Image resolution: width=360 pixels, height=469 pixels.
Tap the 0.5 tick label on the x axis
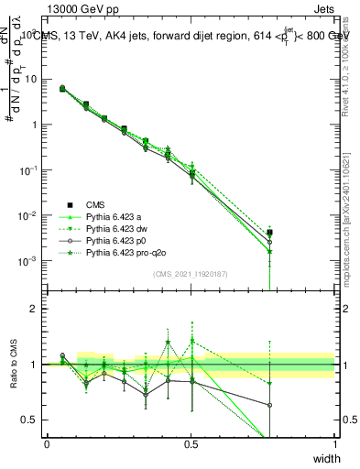(191, 443)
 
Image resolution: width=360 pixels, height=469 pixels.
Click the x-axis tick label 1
(335, 443)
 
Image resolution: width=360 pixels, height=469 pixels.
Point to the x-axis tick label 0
(47, 443)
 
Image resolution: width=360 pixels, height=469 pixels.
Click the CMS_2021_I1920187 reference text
(191, 273)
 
